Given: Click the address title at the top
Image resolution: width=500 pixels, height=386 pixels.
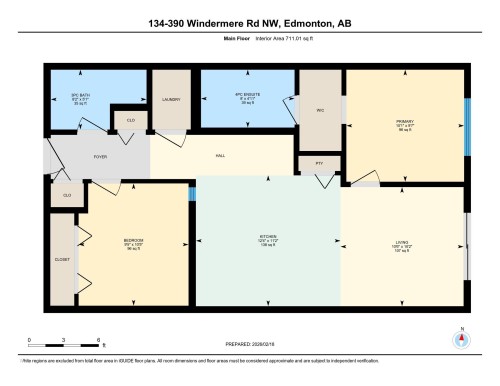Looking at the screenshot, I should pyautogui.click(x=250, y=22).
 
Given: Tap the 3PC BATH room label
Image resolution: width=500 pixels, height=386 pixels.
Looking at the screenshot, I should pyautogui.click(x=81, y=98).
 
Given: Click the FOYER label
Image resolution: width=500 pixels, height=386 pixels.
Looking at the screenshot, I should pyautogui.click(x=100, y=157).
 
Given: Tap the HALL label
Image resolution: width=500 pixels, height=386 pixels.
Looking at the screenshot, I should pyautogui.click(x=220, y=156).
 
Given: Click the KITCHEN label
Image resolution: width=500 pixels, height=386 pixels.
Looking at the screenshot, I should pyautogui.click(x=267, y=238).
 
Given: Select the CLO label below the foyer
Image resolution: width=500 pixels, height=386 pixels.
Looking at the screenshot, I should pyautogui.click(x=67, y=195).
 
